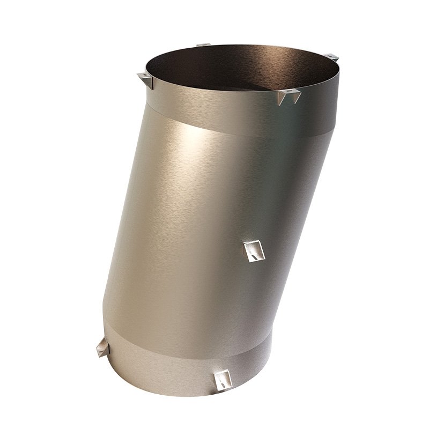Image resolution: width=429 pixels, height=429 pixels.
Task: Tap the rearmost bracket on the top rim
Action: pos(202,44)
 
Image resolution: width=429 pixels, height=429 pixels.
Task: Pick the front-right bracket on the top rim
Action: pos(289,95)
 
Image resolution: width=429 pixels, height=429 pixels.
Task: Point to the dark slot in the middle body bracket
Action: pos(252,257)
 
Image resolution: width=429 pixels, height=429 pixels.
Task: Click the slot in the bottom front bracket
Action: pos(222,384)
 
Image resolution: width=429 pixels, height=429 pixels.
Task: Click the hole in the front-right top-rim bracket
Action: pos(290,92)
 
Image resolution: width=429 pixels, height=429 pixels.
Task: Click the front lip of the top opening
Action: pos(225,102)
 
